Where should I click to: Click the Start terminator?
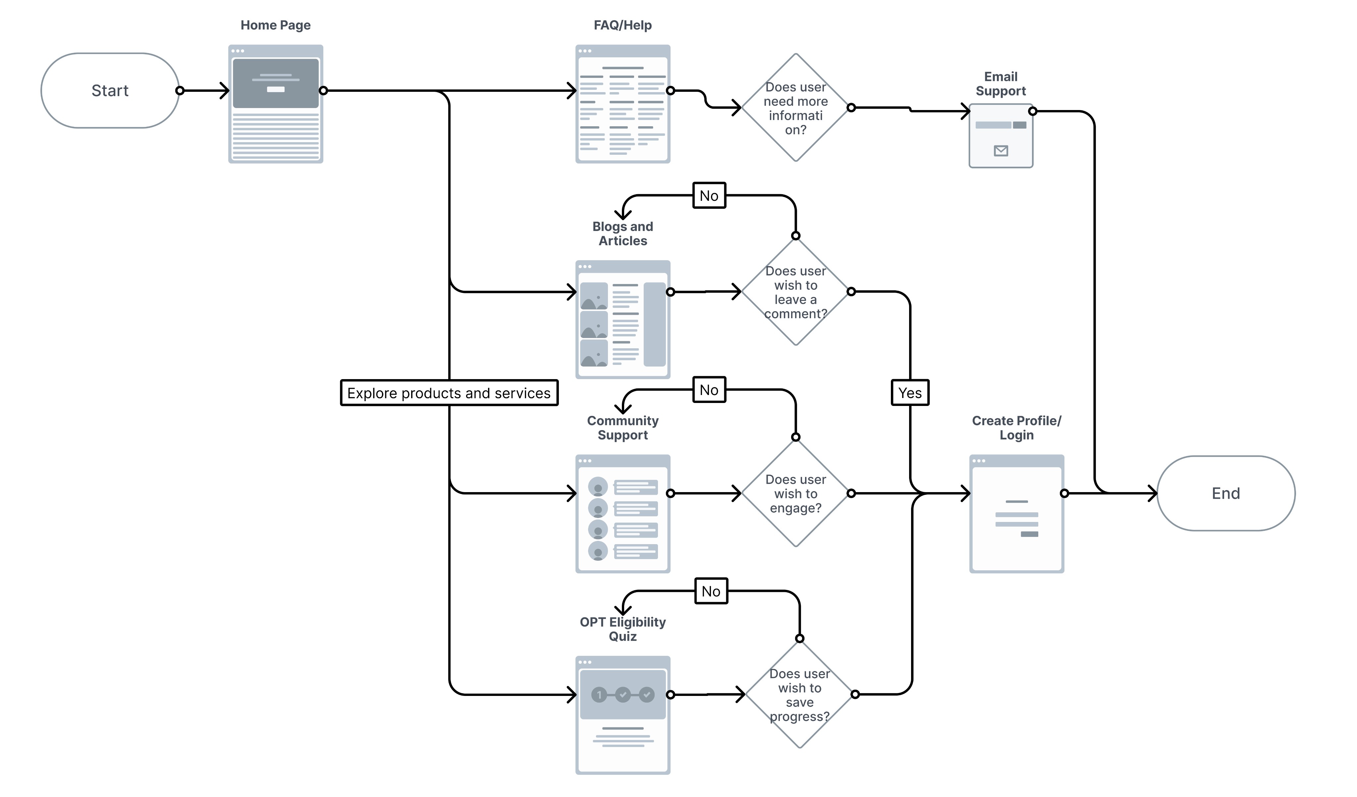click(110, 90)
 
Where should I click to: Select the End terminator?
click(1225, 493)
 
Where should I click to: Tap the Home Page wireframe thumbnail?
click(276, 104)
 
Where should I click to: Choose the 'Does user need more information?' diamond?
click(796, 108)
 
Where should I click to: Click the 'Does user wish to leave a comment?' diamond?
click(796, 291)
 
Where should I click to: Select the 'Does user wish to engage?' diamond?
click(796, 493)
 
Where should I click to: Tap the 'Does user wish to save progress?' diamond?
click(800, 694)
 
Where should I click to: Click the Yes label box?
click(910, 393)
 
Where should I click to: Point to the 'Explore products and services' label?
click(449, 393)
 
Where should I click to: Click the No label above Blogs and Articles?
click(709, 196)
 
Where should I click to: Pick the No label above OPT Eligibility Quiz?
click(711, 591)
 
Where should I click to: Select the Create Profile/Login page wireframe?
click(1017, 514)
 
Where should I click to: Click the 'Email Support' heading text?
click(1001, 84)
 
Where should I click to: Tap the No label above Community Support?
click(709, 389)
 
